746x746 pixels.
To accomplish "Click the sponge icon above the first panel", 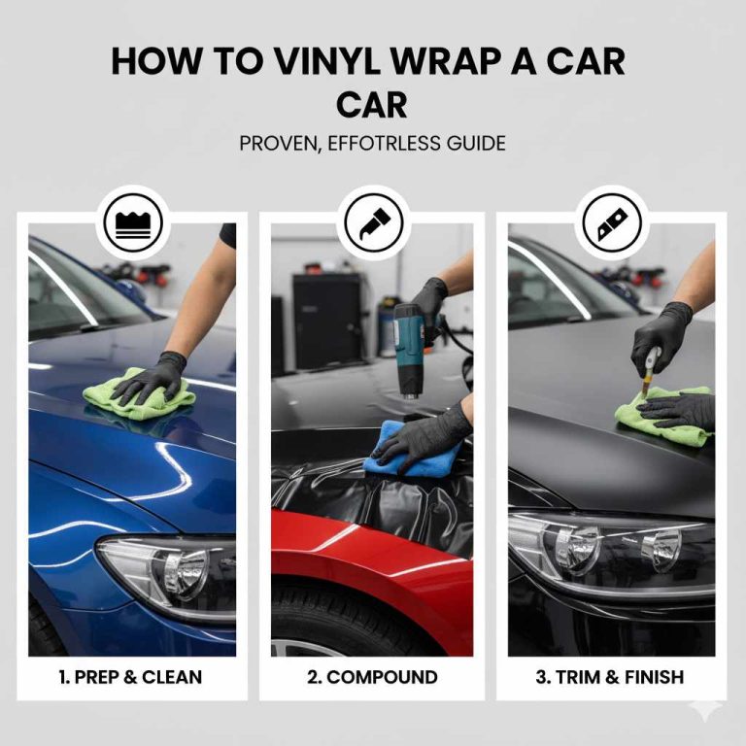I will pyautogui.click(x=137, y=222).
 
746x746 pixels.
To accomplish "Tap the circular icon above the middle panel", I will pyautogui.click(x=374, y=222).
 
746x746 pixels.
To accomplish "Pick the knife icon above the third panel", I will pyautogui.click(x=611, y=222).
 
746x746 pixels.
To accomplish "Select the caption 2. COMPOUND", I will pyautogui.click(x=372, y=677).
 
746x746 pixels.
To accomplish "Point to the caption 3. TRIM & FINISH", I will pyautogui.click(x=610, y=677).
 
